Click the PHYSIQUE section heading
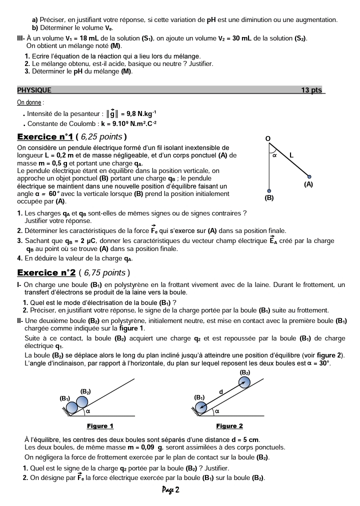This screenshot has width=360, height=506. tap(34, 90)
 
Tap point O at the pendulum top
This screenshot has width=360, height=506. tap(267, 138)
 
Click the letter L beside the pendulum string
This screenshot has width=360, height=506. tap(291, 156)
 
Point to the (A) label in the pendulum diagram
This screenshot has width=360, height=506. tap(308, 184)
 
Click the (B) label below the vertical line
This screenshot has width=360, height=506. tap(269, 198)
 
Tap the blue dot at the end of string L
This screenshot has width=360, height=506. tap(309, 176)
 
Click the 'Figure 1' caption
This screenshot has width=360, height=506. tap(100, 426)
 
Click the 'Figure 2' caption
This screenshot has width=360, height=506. tap(229, 426)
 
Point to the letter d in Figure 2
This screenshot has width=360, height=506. tap(221, 391)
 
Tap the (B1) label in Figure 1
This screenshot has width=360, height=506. tap(65, 398)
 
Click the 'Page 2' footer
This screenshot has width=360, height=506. tap(170, 490)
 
